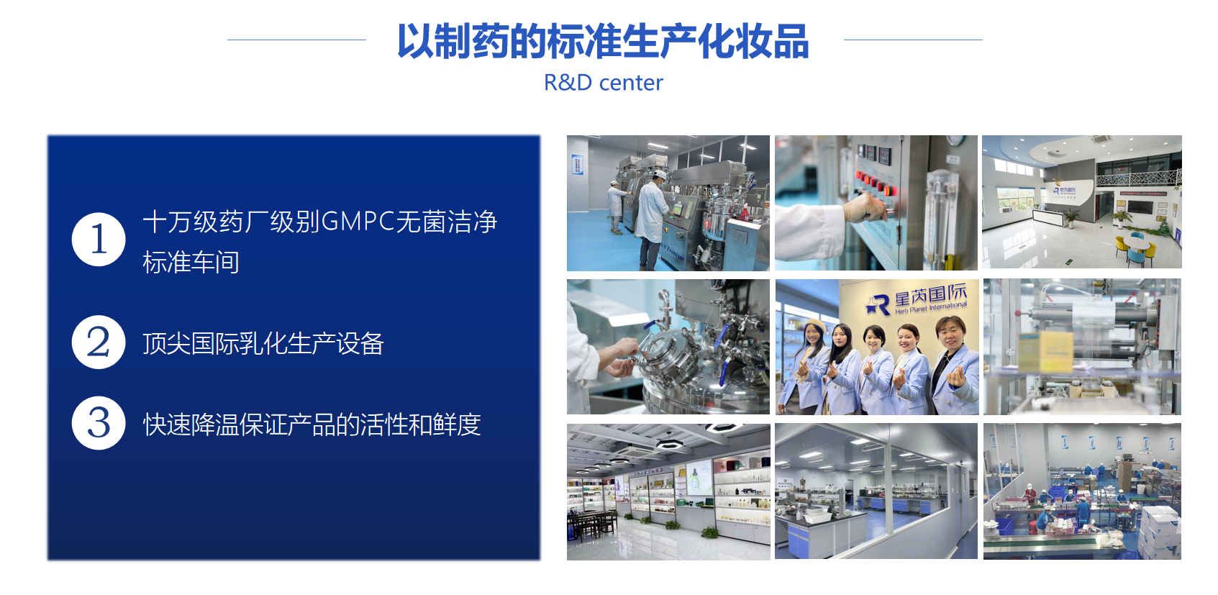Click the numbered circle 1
pos(99,240)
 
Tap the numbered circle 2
pos(99,342)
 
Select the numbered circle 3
pos(99,423)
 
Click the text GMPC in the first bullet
pos(358,222)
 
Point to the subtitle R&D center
pos(604,83)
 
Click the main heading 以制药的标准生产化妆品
pos(604,41)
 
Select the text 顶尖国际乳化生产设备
pos(263,343)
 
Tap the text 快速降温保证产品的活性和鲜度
pos(312,424)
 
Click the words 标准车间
pos(191,262)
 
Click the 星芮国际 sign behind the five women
pos(917,300)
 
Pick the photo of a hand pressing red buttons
pos(876,203)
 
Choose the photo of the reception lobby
pos(1082,201)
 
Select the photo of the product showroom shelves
pos(668,492)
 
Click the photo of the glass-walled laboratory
pos(876,491)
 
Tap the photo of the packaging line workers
pos(1082,491)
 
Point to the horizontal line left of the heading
pos(296,40)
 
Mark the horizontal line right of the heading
pos(913,40)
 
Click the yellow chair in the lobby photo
pos(1121,247)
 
